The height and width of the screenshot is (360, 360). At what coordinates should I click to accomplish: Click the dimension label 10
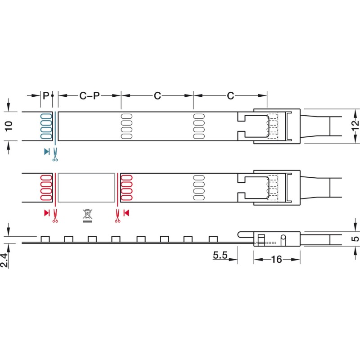click(9, 126)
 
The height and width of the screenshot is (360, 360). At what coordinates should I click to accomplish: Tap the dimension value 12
click(355, 126)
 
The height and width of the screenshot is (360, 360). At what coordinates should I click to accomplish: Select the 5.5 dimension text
click(220, 255)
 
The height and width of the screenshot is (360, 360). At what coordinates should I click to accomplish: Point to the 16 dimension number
click(276, 260)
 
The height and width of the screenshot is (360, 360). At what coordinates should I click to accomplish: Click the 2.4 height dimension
click(4, 261)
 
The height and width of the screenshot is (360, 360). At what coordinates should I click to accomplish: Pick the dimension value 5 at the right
click(355, 239)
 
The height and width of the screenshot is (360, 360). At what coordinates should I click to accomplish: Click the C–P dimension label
click(90, 96)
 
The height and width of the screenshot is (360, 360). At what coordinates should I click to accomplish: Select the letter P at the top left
click(46, 95)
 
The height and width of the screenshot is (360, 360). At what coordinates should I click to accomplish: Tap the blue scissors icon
click(55, 154)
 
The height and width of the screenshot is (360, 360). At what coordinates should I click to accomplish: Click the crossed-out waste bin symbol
click(87, 216)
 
